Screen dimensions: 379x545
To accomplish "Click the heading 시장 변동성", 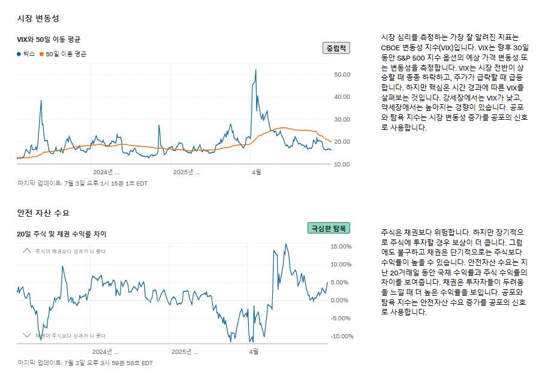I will click(x=38, y=19).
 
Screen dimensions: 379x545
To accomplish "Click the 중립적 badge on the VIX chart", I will click(x=336, y=48).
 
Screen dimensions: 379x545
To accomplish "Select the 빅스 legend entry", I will click(x=26, y=54).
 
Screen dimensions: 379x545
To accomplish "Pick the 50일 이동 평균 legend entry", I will click(x=63, y=54).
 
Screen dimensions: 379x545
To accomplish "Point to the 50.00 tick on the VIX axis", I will click(x=342, y=74).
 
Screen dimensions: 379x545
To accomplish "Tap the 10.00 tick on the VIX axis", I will click(x=342, y=164).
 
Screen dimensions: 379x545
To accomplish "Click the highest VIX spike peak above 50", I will click(x=256, y=70).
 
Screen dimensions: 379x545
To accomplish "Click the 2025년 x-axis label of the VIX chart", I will click(x=186, y=172).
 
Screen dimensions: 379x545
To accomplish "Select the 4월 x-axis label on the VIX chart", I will click(x=256, y=172).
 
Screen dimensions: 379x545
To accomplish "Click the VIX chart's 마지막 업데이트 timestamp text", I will click(x=82, y=183).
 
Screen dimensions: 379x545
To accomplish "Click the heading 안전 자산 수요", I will click(x=43, y=213).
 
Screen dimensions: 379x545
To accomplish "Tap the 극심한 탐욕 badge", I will click(x=329, y=228).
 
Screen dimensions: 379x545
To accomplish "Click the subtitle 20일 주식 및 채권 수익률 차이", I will click(x=62, y=234).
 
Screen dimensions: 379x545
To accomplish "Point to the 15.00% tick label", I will click(x=341, y=246).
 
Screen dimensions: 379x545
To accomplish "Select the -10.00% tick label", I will click(x=342, y=336).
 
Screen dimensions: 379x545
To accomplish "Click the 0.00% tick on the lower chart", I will click(x=341, y=300).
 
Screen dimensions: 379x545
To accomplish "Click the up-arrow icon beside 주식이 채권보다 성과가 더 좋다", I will click(x=26, y=251).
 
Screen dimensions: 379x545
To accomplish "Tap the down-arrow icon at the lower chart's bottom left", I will click(x=26, y=335).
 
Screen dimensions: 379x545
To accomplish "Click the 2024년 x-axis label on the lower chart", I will click(x=106, y=351).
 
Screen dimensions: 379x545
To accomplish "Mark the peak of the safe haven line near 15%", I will click(x=286, y=244).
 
